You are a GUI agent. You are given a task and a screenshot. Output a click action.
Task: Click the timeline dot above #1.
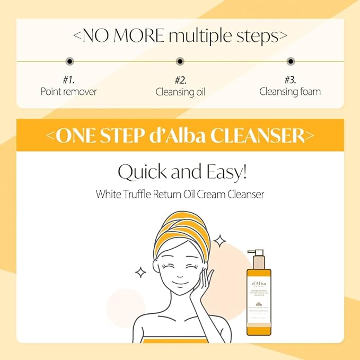69,62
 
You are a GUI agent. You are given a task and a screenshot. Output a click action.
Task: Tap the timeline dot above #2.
180,62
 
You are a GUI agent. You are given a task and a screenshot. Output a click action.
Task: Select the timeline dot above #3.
290,62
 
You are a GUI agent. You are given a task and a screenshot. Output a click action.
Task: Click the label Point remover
69,91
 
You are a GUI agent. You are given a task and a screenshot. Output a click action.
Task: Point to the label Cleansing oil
180,92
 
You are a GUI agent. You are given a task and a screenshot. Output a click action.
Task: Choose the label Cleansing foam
290,91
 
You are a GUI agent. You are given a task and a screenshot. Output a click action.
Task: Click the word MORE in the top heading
139,37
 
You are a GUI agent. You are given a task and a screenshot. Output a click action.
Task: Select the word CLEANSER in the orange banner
257,135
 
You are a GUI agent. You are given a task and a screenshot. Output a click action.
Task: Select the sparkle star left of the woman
141,273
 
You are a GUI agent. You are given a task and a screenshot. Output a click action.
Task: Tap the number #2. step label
180,80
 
